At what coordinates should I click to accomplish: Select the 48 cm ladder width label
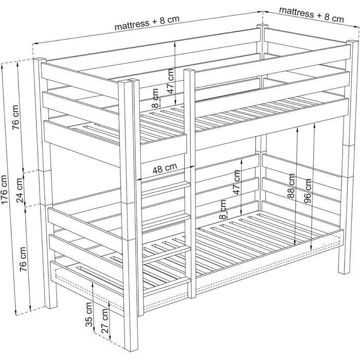coord(165,169)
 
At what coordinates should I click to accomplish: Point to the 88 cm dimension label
coord(291,186)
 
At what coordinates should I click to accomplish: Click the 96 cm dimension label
coord(308,191)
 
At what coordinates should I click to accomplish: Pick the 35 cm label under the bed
coord(89,314)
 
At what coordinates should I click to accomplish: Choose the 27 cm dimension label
coord(104,321)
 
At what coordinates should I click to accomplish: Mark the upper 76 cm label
coord(15,117)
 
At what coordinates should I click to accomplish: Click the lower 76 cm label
coord(24,259)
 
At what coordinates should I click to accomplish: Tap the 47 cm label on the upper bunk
coord(171,81)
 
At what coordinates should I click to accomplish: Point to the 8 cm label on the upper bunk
coord(155,98)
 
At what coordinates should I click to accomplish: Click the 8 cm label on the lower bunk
coord(223,209)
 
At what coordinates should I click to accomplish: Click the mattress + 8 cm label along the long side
coord(147,23)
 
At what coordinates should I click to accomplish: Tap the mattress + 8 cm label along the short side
coord(312,14)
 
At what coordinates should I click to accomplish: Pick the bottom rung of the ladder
coord(167,284)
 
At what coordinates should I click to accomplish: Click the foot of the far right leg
coord(344,272)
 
